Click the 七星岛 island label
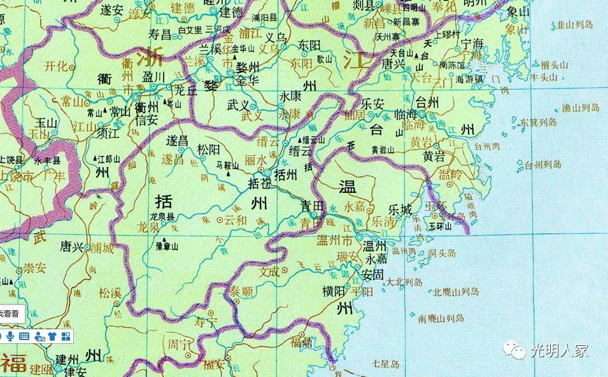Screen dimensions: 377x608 [386, 364]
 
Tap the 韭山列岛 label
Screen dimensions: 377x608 [575, 25]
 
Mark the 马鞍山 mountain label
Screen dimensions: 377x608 [228, 165]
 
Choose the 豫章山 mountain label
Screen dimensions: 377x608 [167, 245]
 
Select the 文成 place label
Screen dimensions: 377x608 [270, 271]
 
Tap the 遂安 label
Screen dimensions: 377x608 [112, 10]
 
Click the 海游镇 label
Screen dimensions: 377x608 [470, 80]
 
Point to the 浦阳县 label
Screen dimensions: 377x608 [266, 19]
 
